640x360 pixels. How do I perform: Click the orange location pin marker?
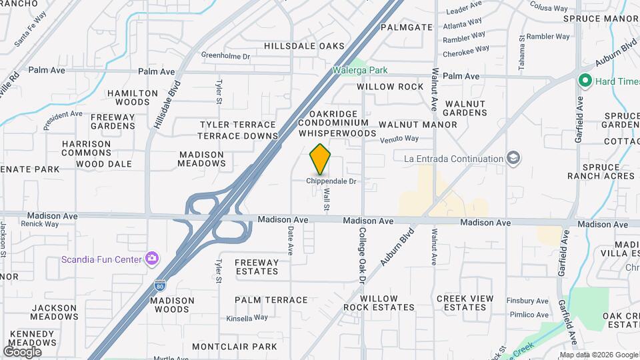(x=320, y=159)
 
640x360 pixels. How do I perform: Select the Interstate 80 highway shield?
(x=160, y=286)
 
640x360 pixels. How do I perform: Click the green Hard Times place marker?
(x=585, y=81)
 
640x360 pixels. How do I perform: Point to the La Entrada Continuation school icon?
(x=514, y=159)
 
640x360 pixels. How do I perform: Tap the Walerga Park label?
(x=360, y=70)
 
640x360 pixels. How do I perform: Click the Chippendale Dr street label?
(x=331, y=181)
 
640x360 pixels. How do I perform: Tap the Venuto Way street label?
(x=399, y=139)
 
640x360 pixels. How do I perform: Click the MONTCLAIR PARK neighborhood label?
(x=234, y=347)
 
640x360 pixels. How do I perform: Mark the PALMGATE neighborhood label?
(x=407, y=27)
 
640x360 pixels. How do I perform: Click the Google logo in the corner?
(x=22, y=351)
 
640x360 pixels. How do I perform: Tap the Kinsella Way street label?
(x=247, y=318)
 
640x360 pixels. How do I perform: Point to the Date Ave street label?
(x=290, y=240)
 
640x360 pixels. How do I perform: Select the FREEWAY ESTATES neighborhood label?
(x=257, y=267)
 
